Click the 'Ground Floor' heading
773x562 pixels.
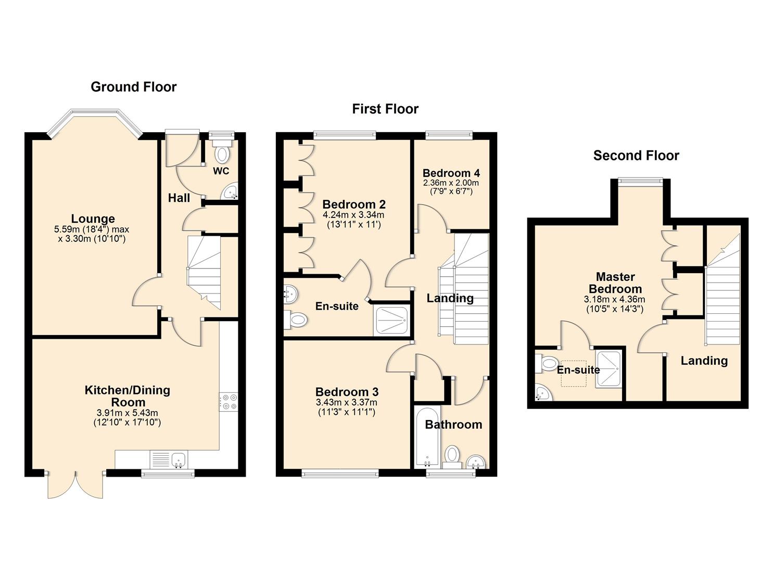[x=134, y=87]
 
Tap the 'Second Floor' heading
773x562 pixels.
[x=636, y=156]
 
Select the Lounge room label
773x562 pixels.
[x=93, y=219]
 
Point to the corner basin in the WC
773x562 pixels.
[x=231, y=192]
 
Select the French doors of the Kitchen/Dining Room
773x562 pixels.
[x=76, y=485]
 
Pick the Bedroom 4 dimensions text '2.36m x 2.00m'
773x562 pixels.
[x=451, y=183]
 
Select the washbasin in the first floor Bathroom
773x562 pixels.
[x=475, y=461]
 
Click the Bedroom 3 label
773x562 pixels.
[x=347, y=392]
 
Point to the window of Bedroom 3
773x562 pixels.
[x=340, y=473]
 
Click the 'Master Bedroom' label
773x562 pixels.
[x=615, y=283]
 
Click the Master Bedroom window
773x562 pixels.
[x=640, y=181]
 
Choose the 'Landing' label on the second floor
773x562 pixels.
[x=704, y=361]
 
